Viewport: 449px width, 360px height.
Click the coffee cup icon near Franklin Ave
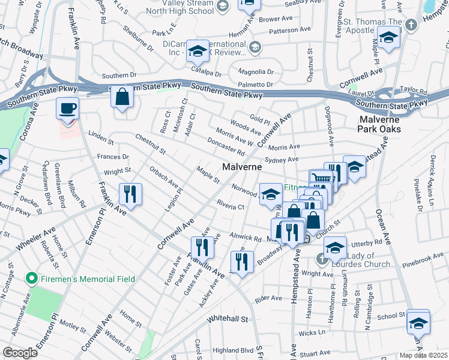tap(67, 109)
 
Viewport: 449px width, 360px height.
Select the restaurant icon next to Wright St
tap(130, 194)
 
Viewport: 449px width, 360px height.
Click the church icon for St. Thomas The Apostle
tap(411, 25)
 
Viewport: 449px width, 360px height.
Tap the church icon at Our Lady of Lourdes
tap(321, 258)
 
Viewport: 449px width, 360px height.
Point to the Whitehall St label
tap(228, 319)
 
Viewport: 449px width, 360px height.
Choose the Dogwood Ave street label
tap(331, 127)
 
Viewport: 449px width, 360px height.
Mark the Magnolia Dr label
tap(256, 71)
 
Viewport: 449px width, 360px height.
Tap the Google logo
tap(19, 353)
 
